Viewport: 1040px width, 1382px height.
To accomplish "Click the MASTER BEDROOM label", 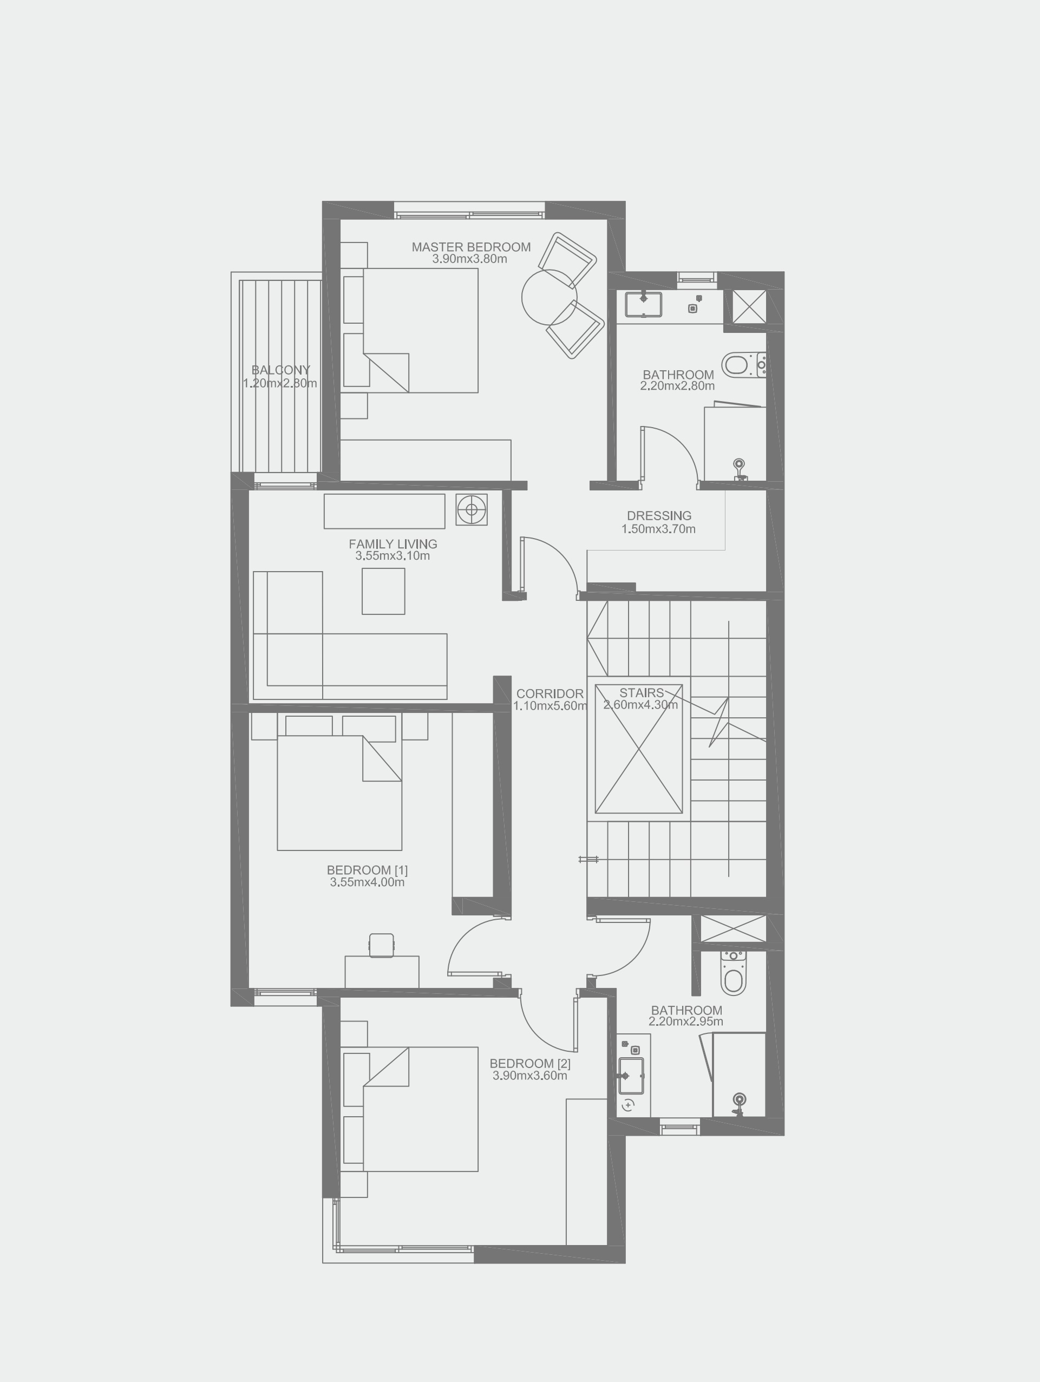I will [x=470, y=247].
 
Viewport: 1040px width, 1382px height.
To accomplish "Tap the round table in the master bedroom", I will [x=549, y=297].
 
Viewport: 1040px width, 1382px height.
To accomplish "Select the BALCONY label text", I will [x=280, y=370].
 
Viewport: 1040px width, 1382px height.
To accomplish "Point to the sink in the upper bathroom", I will [x=644, y=304].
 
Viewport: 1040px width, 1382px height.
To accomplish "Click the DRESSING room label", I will [x=659, y=515].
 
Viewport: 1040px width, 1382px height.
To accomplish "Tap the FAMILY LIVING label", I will [x=393, y=543].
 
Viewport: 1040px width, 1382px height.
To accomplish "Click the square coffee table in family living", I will [x=383, y=591].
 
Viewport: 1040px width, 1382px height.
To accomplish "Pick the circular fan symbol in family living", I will [x=471, y=509].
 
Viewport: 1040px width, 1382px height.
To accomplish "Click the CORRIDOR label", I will [x=550, y=693].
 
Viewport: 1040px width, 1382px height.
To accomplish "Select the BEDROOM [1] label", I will [x=367, y=870].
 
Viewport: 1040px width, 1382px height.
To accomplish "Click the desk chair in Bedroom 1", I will [x=381, y=945].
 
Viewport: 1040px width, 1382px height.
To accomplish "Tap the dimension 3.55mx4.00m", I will [x=367, y=882].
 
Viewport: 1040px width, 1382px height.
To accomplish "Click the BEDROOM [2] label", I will [x=529, y=1063].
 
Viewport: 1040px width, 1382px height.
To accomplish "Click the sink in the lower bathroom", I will [x=631, y=1076].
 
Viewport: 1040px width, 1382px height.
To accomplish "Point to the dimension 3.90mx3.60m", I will [x=529, y=1076].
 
